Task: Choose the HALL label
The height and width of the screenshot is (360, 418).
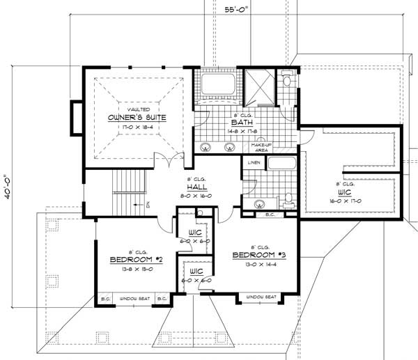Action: [x=194, y=188]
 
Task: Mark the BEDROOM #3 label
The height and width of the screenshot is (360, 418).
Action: [x=259, y=255]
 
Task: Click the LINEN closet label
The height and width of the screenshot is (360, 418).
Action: [x=253, y=162]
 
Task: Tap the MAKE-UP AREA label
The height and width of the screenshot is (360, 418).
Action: [x=261, y=146]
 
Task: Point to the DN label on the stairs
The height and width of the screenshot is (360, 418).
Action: [x=148, y=204]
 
